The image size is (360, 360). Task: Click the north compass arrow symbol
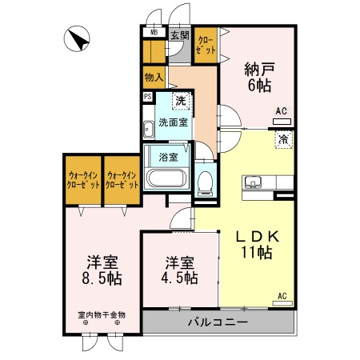78,39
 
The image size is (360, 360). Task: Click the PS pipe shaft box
147,97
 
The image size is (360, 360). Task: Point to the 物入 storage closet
154,78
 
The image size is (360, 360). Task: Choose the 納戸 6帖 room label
258,75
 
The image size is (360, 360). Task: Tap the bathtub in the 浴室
166,177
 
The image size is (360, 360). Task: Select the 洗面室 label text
172,122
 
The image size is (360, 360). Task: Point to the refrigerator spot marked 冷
284,139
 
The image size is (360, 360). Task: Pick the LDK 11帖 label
255,244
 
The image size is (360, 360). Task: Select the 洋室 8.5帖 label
102,270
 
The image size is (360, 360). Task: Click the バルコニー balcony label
217,323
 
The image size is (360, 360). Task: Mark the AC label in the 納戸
281,111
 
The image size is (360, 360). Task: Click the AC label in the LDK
282,297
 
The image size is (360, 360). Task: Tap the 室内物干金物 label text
102,314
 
